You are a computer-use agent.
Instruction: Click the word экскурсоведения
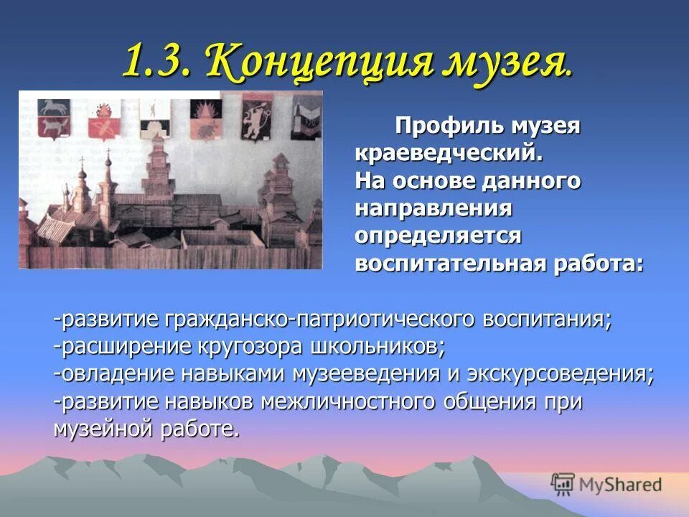[x=559, y=373]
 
